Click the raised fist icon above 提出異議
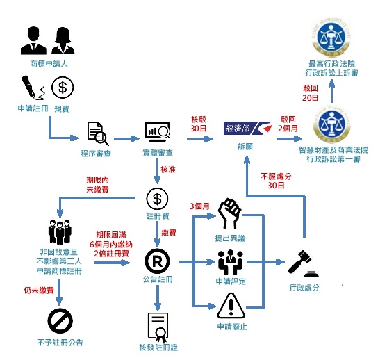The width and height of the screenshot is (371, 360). pos(229,213)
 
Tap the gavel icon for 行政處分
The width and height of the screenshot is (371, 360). pos(303,263)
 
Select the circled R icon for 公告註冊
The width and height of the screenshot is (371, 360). pos(157,261)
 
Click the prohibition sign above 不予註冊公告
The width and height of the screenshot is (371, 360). pos(60,321)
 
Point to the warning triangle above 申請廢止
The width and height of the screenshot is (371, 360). pos(231,306)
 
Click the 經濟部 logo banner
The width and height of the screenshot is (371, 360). pos(248,129)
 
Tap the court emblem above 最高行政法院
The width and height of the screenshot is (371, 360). pos(331,37)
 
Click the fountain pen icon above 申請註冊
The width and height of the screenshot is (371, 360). pos(33,88)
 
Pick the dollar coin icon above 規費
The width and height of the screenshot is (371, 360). pos(63,88)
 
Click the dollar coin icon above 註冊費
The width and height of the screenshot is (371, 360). pos(157,199)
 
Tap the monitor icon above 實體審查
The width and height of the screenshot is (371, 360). pos(157,131)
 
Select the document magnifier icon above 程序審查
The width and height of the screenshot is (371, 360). pos(98,133)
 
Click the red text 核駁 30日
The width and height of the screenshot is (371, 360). pos(199,124)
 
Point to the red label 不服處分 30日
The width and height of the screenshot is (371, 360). pos(276,181)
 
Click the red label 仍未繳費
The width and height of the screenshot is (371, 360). pos(39,291)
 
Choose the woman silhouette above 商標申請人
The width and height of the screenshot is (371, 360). pos(63,41)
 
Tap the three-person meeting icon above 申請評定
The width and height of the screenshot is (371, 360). pos(231,262)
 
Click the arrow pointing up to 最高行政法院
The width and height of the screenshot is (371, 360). pos(331,90)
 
